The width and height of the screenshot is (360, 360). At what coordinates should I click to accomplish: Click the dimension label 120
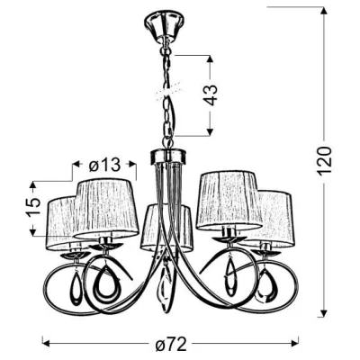tap(325, 161)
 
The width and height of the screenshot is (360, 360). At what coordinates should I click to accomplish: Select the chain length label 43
tap(211, 95)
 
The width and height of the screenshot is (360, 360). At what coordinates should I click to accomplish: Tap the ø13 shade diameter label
tap(104, 165)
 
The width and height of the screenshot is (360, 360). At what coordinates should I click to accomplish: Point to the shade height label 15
tap(32, 207)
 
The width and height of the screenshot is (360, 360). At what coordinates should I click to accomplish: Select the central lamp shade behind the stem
tap(166, 228)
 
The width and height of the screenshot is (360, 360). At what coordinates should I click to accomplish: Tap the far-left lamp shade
tap(61, 222)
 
